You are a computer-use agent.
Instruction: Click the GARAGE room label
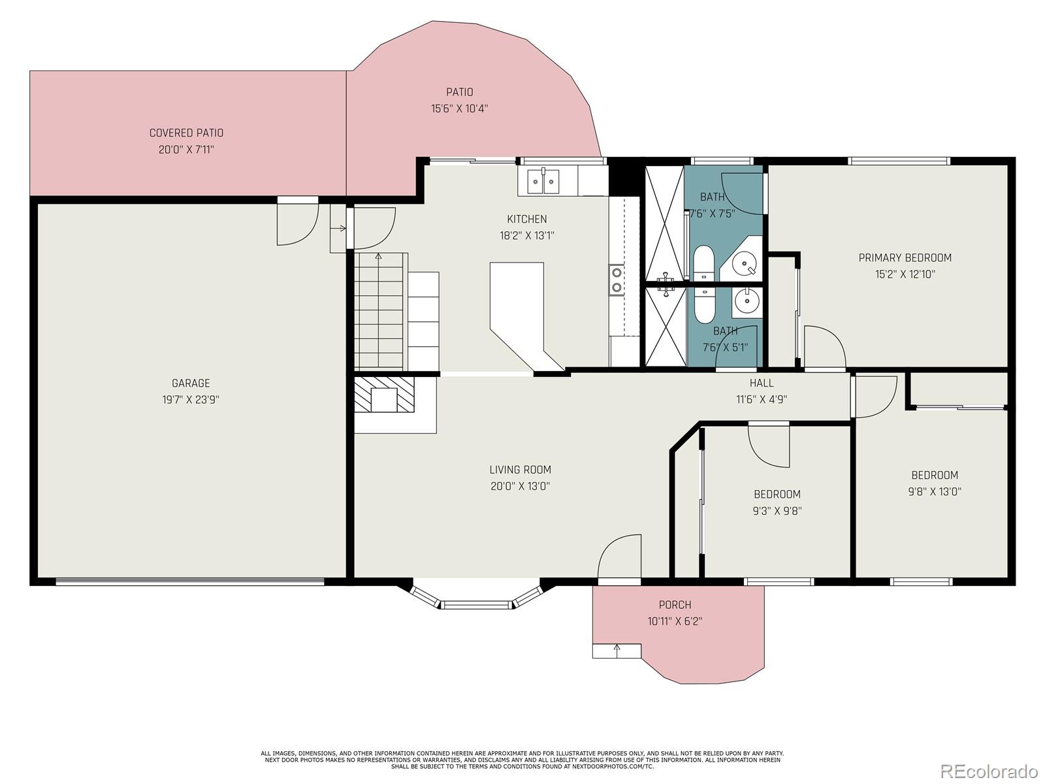tap(191, 384)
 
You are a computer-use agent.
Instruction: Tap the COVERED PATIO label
tap(186, 133)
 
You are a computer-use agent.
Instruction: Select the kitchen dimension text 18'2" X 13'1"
tap(526, 236)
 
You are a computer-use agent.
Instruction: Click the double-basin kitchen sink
tap(543, 182)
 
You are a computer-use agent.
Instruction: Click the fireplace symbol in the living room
tap(384, 394)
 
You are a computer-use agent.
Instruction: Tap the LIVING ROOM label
tap(520, 470)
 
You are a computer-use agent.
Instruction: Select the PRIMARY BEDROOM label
tap(905, 258)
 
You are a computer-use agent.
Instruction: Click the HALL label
tap(762, 383)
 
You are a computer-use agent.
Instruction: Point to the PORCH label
tap(675, 605)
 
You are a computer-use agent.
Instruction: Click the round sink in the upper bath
tap(744, 263)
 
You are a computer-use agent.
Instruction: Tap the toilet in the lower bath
tap(704, 304)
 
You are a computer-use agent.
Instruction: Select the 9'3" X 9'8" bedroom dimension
tap(777, 511)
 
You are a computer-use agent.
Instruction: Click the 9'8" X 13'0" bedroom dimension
tap(934, 492)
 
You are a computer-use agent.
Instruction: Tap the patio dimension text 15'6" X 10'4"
tap(459, 108)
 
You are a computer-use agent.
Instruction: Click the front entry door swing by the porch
tap(619, 556)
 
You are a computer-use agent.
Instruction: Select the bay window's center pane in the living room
tap(476, 605)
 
